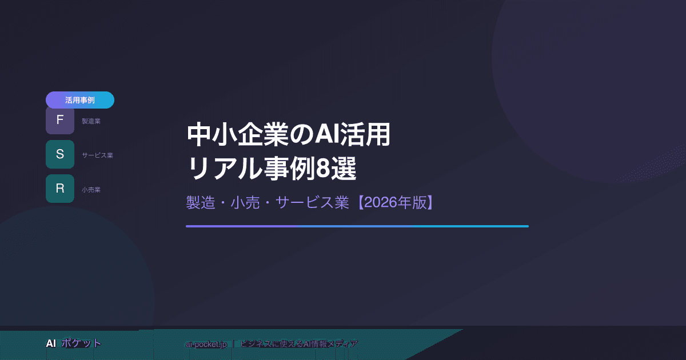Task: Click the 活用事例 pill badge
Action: pyautogui.click(x=80, y=100)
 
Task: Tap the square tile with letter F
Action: pyautogui.click(x=60, y=121)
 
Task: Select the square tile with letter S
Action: pyautogui.click(x=60, y=154)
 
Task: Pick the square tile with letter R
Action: pyautogui.click(x=60, y=189)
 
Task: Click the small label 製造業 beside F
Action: pyautogui.click(x=91, y=121)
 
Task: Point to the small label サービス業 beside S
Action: pyautogui.click(x=97, y=155)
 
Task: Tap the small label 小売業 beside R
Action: pyautogui.click(x=91, y=190)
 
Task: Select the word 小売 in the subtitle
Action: pyautogui.click(x=245, y=203)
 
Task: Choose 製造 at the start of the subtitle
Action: pyautogui.click(x=200, y=203)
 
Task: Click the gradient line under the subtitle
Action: pyautogui.click(x=357, y=226)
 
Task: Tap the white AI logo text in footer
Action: pyautogui.click(x=51, y=343)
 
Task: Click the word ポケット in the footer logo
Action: pyautogui.click(x=81, y=343)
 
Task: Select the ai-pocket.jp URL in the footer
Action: pyautogui.click(x=206, y=344)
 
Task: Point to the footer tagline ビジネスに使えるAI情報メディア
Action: pyautogui.click(x=300, y=344)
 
